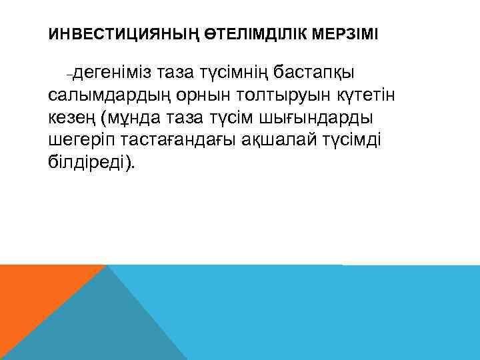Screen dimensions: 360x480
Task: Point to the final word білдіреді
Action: pos(87,164)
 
